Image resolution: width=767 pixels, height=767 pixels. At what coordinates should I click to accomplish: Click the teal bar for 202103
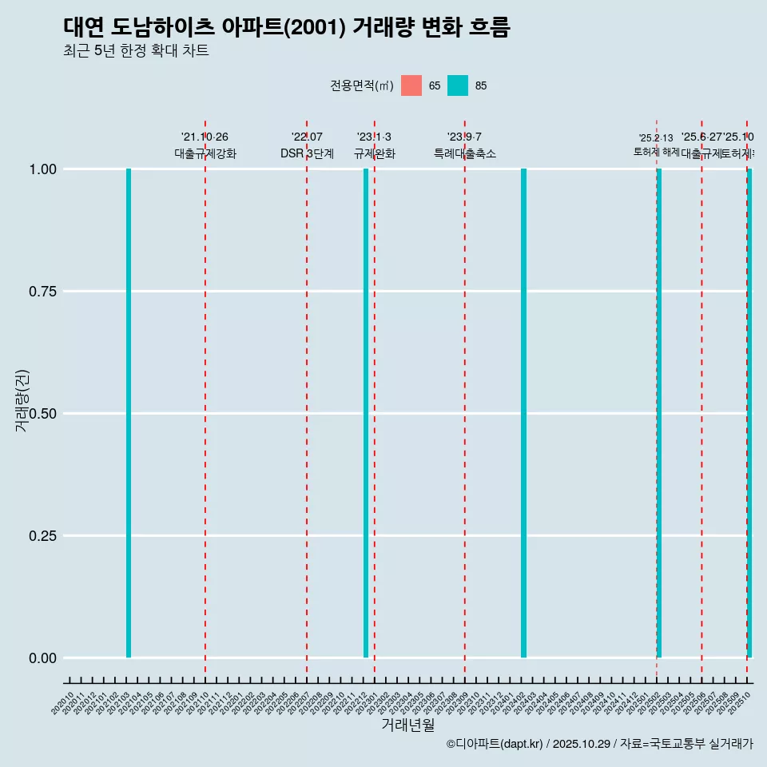pyautogui.click(x=129, y=413)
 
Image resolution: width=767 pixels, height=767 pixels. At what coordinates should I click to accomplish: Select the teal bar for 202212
pyautogui.click(x=366, y=413)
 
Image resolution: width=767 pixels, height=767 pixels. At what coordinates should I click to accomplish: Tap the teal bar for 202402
pyautogui.click(x=523, y=413)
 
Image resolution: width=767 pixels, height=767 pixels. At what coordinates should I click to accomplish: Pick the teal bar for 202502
pyautogui.click(x=659, y=413)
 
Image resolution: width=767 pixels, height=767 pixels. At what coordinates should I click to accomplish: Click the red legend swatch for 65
pyautogui.click(x=411, y=85)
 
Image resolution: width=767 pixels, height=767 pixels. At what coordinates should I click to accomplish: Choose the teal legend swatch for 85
pyautogui.click(x=458, y=85)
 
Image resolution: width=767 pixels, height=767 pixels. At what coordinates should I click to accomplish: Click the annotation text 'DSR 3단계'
pyautogui.click(x=307, y=153)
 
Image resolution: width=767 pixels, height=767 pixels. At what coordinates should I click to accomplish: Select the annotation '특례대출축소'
pyautogui.click(x=465, y=153)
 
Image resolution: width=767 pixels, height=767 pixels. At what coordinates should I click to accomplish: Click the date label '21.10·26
pyautogui.click(x=205, y=137)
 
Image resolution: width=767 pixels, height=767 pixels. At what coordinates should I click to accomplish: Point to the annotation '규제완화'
pyautogui.click(x=374, y=153)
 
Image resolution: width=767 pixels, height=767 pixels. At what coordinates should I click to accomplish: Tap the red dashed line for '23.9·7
pyautogui.click(x=465, y=399)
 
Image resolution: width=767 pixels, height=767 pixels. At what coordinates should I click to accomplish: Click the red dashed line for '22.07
pyautogui.click(x=307, y=399)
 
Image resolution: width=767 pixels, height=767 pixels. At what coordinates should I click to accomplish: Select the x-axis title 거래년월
pyautogui.click(x=407, y=725)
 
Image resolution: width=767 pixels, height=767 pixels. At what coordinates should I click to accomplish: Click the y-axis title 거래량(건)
pyautogui.click(x=22, y=400)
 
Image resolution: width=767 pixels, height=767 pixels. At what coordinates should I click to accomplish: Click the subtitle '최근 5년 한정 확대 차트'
pyautogui.click(x=136, y=51)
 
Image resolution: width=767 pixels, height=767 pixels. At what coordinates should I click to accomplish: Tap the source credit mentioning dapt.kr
pyautogui.click(x=599, y=744)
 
